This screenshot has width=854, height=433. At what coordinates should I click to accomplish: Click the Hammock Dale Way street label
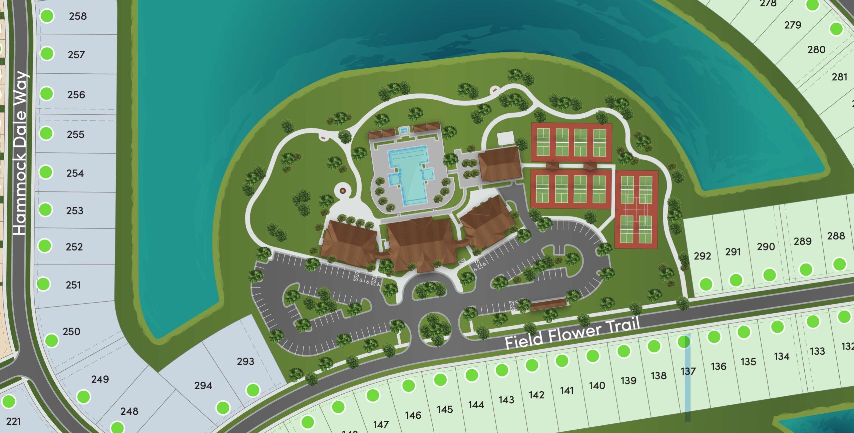coord(21,153)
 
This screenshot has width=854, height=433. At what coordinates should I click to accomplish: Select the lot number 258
coord(78,16)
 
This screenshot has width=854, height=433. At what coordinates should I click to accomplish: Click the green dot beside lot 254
coord(46,172)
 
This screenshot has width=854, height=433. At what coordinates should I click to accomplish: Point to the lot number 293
coord(246,361)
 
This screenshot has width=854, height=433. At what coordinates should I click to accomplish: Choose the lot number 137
coord(688,371)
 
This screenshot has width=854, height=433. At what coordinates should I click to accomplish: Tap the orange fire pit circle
coord(343,190)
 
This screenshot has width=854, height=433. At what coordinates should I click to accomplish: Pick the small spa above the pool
coord(404,130)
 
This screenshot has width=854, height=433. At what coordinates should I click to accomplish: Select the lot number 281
coord(839,77)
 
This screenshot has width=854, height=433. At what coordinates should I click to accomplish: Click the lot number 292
coord(702,256)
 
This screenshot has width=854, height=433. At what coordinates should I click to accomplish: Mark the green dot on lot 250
coord(52,341)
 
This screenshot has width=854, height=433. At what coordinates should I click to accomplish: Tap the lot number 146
coord(413,415)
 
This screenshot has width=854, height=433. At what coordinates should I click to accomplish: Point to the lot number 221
coord(13,421)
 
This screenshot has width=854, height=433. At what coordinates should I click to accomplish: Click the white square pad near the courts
coord(505,138)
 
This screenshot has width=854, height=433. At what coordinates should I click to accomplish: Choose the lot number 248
coord(129,411)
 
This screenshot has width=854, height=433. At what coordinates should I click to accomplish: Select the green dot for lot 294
coord(223,407)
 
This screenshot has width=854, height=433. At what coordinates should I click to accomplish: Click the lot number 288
coord(836,236)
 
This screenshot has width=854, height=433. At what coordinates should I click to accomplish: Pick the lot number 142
coord(536,395)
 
